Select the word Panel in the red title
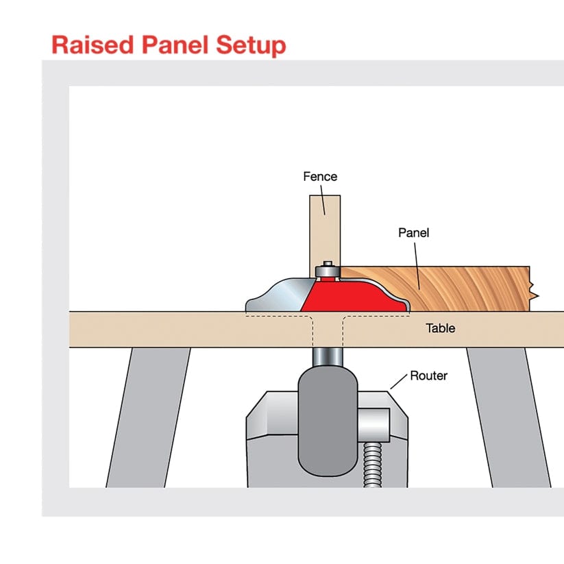[171, 45]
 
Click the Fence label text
[320, 177]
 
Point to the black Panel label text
[414, 233]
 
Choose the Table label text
[440, 328]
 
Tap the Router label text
[428, 376]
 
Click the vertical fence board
[324, 230]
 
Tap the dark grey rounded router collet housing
[328, 418]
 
